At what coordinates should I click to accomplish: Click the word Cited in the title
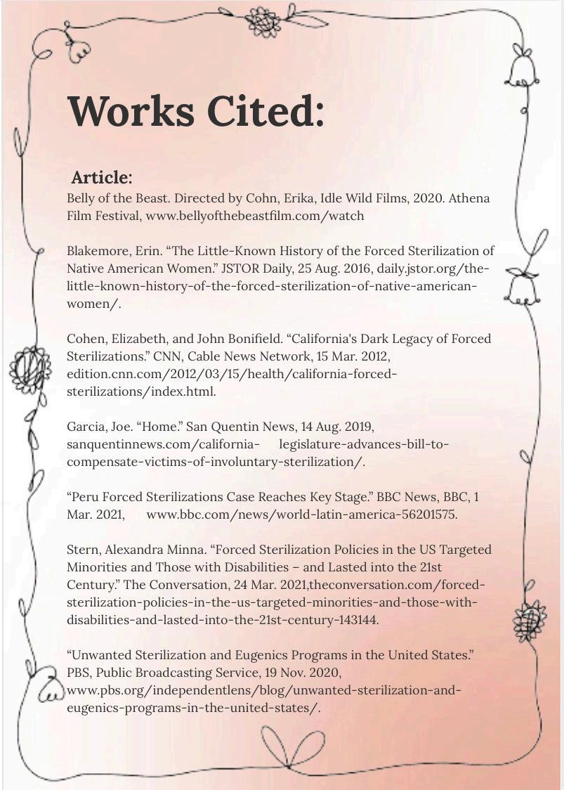tap(269, 110)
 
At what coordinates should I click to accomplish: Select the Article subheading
tap(101, 176)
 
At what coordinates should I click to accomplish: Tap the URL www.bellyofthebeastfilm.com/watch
tap(255, 216)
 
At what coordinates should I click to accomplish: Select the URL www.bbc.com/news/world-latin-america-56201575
tap(301, 514)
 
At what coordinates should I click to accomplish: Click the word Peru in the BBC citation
tap(86, 497)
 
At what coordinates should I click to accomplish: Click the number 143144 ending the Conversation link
tap(358, 620)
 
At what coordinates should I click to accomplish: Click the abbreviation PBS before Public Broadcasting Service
tap(79, 673)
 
